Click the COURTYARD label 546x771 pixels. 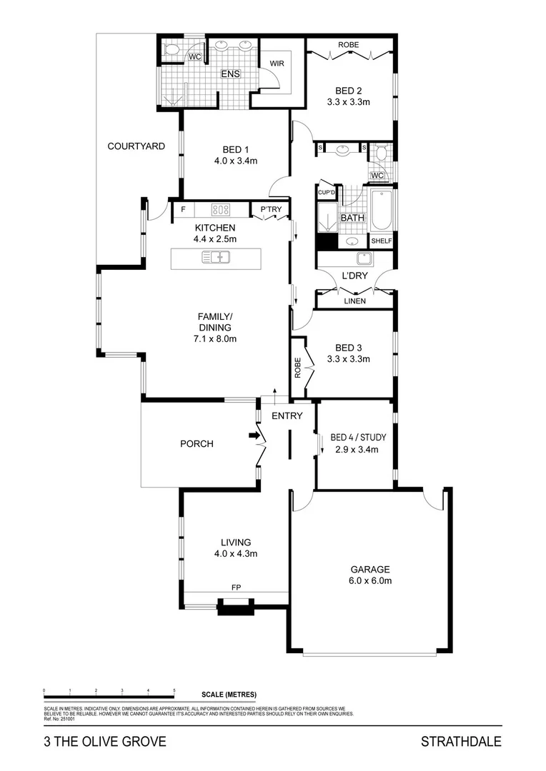[136, 146]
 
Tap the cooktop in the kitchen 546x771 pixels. [222, 210]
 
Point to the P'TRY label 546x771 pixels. [270, 210]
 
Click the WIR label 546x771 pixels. [277, 64]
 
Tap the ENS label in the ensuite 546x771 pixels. [230, 74]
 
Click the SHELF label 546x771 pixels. [381, 241]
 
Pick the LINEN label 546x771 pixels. [355, 301]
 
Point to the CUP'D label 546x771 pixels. [327, 192]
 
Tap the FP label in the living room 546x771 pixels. [236, 588]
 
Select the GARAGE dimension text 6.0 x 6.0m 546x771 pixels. [369, 581]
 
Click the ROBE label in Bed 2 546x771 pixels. [349, 45]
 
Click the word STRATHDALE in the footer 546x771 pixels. [461, 742]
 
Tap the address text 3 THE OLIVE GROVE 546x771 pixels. [104, 742]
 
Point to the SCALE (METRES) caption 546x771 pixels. [229, 695]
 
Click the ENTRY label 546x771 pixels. [287, 416]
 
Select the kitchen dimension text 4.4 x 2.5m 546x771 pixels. [215, 239]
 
